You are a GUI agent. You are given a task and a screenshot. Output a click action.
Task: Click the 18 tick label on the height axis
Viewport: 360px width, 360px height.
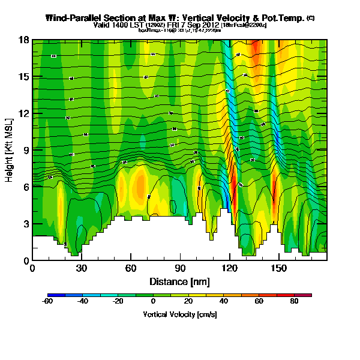pyautogui.click(x=24, y=40)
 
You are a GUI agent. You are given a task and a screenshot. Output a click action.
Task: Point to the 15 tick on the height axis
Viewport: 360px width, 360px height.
pyautogui.click(x=24, y=77)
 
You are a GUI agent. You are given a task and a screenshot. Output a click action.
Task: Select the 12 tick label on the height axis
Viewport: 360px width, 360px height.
pyautogui.click(x=24, y=113)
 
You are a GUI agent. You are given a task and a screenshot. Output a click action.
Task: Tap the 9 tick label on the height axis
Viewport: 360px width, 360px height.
pyautogui.click(x=26, y=150)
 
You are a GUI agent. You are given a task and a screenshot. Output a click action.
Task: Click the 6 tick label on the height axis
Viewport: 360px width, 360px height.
pyautogui.click(x=26, y=187)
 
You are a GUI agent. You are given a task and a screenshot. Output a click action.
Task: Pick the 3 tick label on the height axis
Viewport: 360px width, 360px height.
pyautogui.click(x=26, y=224)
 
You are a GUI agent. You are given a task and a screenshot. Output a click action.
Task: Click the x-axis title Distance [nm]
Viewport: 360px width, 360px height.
pyautogui.click(x=179, y=281)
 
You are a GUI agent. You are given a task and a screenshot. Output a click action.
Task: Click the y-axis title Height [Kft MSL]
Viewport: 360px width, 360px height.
pyautogui.click(x=10, y=150)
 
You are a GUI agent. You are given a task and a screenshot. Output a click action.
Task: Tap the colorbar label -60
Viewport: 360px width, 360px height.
pyautogui.click(x=48, y=302)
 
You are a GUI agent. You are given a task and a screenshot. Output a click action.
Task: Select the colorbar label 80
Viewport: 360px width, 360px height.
pyautogui.click(x=294, y=302)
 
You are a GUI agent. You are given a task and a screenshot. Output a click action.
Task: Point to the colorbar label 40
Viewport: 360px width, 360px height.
pyautogui.click(x=224, y=302)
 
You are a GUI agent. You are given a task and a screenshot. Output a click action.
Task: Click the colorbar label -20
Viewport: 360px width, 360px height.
pyautogui.click(x=118, y=302)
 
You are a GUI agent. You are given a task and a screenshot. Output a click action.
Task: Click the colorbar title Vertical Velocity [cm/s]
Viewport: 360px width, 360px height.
pyautogui.click(x=179, y=314)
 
